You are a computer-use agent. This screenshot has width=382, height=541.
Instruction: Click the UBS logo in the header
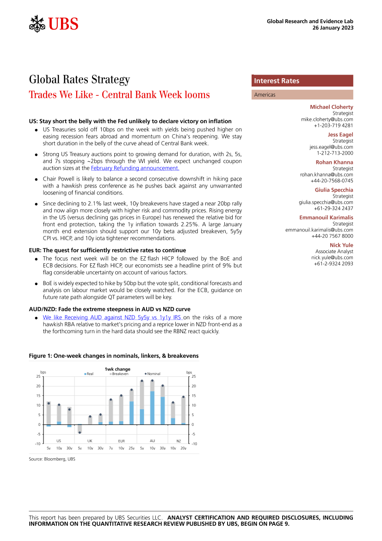pos(54,24)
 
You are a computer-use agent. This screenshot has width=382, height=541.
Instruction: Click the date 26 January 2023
pos(333,28)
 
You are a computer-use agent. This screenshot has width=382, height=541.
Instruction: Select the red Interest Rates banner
pos(302,81)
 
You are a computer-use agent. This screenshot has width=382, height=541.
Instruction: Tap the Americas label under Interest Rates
pos(265,95)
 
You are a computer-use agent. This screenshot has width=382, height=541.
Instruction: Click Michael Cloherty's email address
pos(327,119)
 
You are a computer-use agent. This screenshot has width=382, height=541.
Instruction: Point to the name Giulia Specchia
pos(334,190)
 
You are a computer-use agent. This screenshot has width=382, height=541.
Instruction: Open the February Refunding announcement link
pos(135,168)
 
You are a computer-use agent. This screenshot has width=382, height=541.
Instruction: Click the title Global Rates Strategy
pos(79,80)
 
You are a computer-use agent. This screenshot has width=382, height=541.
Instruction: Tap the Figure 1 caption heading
pos(114,356)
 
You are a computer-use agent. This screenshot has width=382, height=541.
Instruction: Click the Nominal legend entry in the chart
pos(153,373)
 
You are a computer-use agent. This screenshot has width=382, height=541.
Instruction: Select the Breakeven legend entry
pos(119,373)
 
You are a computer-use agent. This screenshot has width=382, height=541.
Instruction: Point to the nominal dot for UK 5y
pos(80,432)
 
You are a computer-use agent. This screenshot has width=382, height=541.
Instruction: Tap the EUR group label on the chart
pos(121,441)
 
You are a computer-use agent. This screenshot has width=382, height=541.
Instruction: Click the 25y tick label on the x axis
pos(131,448)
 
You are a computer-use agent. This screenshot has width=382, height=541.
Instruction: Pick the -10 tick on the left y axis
pos(37,444)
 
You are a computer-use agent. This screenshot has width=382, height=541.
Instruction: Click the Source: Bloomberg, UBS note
pos(52,459)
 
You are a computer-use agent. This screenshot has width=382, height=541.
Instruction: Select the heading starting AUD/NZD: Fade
pos(110,309)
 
